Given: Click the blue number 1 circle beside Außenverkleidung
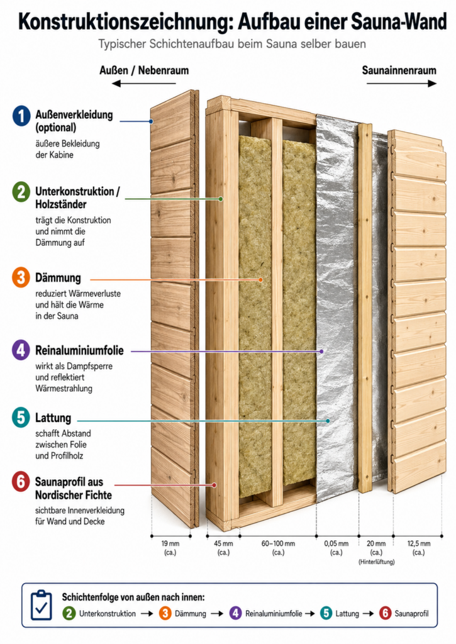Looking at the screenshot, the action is (x=21, y=116).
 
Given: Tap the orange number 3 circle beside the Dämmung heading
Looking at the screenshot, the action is (x=21, y=277).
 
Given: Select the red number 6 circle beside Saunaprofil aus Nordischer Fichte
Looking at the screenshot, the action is (x=21, y=481).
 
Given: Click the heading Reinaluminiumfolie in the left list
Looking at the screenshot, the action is (x=79, y=350).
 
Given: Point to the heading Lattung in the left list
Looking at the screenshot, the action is (x=53, y=418).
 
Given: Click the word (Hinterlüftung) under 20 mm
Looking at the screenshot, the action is (x=376, y=562).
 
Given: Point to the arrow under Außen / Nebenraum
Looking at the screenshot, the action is (x=144, y=84).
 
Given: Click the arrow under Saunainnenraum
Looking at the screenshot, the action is (x=401, y=84).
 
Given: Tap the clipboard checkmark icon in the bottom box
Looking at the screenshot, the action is (x=41, y=605).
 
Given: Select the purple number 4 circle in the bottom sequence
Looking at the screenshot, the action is (x=235, y=614).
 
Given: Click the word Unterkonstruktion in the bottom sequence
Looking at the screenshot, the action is (x=107, y=614).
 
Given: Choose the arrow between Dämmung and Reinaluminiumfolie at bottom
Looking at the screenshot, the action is (x=217, y=614).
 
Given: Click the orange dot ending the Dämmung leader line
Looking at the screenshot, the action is (x=260, y=280).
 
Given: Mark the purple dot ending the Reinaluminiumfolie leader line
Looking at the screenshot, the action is (x=321, y=352).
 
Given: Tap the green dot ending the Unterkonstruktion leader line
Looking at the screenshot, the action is (x=221, y=199).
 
